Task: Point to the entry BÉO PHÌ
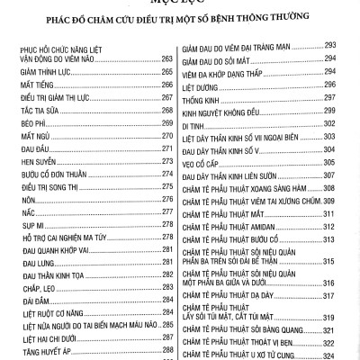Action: coord(31,148)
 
